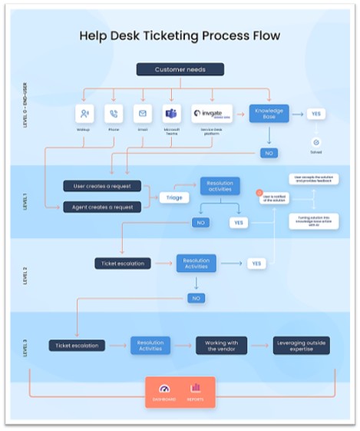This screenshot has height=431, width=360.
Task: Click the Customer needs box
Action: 180,70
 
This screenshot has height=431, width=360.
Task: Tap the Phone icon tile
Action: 114,114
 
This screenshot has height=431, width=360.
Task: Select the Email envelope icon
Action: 142,114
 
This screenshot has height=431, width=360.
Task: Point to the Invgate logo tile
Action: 213,114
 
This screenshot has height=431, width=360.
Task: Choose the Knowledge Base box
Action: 269,114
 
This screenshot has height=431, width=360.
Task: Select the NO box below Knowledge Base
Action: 269,153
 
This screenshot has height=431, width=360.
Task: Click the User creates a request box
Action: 101,186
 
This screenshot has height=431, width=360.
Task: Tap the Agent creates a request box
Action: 101,206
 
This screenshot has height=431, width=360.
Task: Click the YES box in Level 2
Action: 256,264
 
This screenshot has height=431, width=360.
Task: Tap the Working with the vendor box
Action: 221,345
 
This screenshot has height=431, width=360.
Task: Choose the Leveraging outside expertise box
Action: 302,345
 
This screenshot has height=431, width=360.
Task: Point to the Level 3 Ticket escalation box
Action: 78,345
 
